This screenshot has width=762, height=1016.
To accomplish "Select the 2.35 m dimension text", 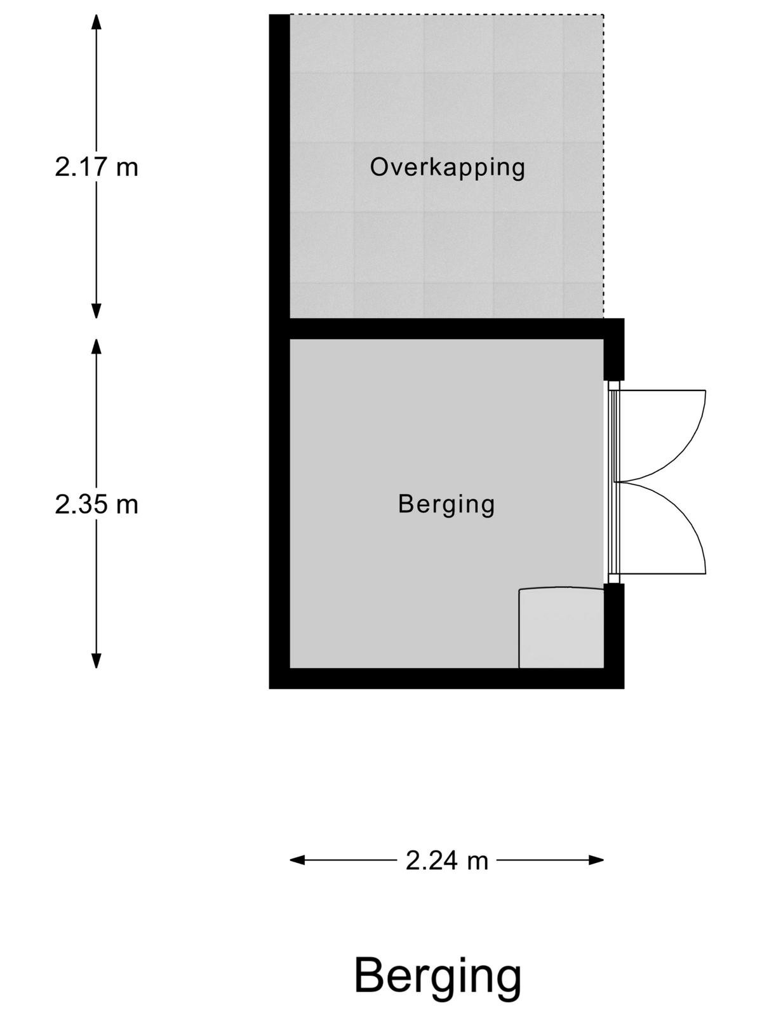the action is pos(97,504).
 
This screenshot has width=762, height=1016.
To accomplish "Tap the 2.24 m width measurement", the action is pos(447,861).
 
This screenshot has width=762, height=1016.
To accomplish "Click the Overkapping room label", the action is pos(448,168).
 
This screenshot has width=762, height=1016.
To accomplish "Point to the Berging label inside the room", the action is pos(446,505).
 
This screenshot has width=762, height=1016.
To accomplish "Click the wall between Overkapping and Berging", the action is pos(446,329).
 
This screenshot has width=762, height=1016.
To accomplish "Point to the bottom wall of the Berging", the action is pos(446,679).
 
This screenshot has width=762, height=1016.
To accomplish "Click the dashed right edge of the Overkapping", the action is pos(603,166).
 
